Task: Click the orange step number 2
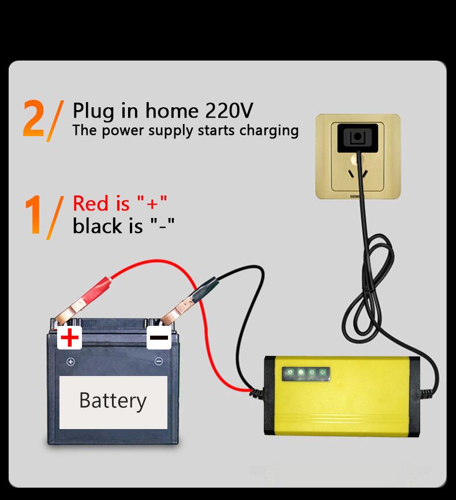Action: click(33, 118)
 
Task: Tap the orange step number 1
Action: click(33, 215)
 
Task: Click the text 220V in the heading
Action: click(229, 111)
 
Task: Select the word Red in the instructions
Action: click(91, 203)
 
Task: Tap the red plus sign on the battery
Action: click(70, 337)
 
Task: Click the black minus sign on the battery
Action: click(159, 338)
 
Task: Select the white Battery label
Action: click(113, 402)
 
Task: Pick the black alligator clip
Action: click(189, 300)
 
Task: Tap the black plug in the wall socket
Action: click(358, 138)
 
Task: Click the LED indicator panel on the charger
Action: click(306, 373)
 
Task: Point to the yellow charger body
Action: click(342, 396)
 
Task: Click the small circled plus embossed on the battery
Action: click(70, 362)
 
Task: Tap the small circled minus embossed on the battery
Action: click(159, 361)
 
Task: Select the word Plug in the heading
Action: click(94, 111)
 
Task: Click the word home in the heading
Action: click(172, 111)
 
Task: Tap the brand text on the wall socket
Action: click(355, 197)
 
